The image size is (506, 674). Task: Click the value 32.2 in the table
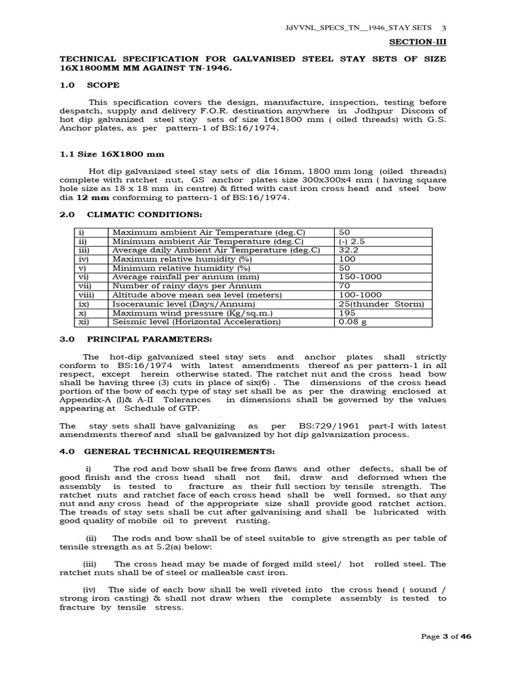[349, 250]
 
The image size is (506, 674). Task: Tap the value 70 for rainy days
[344, 286]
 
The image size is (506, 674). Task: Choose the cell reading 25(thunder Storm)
[381, 304]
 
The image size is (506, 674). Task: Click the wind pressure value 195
[346, 313]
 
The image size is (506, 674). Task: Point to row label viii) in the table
[86, 296]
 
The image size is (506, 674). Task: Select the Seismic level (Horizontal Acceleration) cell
[196, 322]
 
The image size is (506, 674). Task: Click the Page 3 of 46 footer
[447, 636]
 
